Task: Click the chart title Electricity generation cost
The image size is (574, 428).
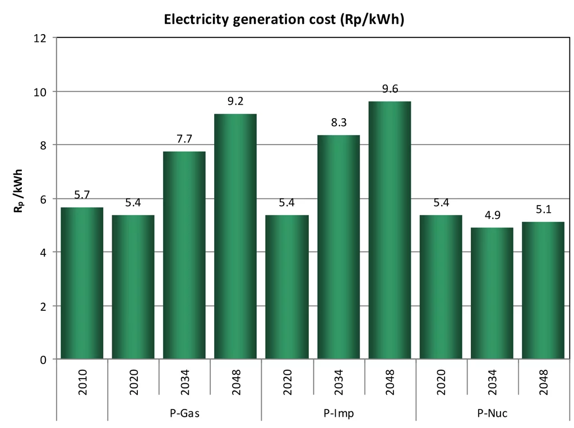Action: pyautogui.click(x=284, y=20)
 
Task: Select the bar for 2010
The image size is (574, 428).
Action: pyautogui.click(x=82, y=283)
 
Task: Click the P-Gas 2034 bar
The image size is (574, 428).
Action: pyautogui.click(x=184, y=255)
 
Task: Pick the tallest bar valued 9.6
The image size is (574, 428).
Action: pyautogui.click(x=390, y=230)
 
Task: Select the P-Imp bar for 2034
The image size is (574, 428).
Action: pyautogui.click(x=338, y=246)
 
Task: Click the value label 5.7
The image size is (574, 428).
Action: pyautogui.click(x=82, y=195)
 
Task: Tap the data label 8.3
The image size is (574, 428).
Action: pyautogui.click(x=338, y=123)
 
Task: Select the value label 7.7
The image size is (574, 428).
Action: pyautogui.click(x=184, y=139)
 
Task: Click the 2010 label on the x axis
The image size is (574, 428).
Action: pyautogui.click(x=82, y=382)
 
